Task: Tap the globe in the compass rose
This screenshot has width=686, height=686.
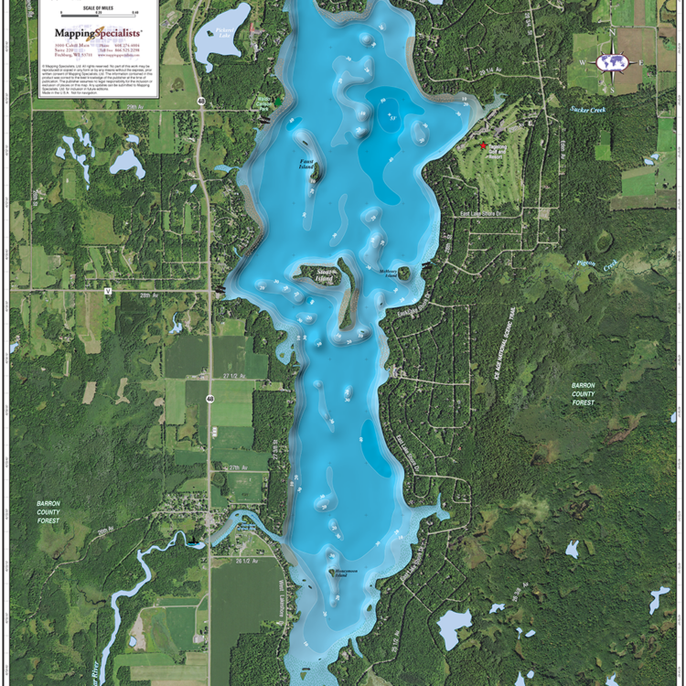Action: click(611, 62)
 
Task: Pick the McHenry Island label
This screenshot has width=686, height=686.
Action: click(390, 272)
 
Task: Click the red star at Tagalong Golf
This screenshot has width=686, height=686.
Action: click(484, 145)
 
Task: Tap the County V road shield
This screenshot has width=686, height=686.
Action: click(107, 292)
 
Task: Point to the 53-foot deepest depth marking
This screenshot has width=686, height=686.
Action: click(394, 118)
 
